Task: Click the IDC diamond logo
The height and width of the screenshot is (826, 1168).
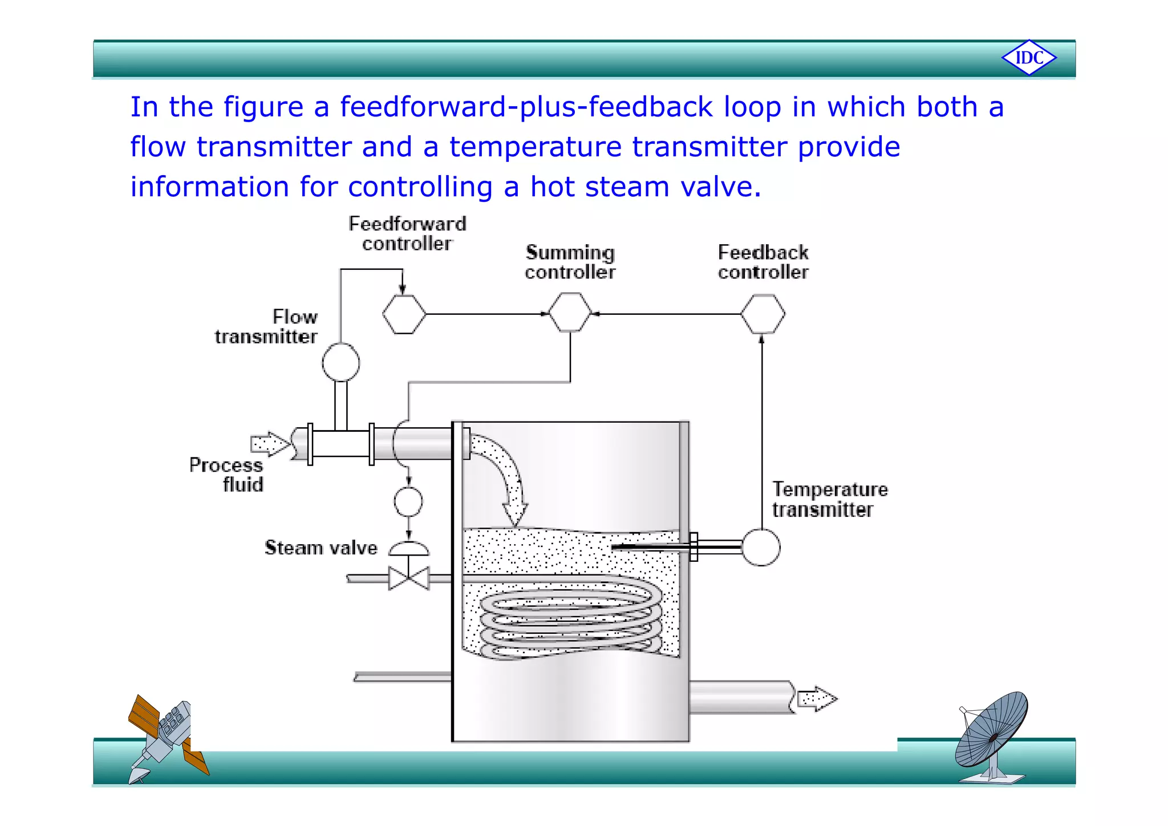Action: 1029,58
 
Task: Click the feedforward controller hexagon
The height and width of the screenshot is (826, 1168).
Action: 404,314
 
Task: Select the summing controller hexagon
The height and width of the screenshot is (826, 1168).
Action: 570,313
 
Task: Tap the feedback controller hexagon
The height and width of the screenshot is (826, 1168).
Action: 763,314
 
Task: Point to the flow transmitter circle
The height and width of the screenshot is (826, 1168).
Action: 340,362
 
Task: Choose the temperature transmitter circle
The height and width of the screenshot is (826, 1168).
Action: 761,548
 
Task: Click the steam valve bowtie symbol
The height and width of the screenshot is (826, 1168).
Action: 408,578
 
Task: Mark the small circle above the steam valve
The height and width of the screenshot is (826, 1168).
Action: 408,502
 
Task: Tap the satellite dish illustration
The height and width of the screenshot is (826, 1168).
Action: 992,736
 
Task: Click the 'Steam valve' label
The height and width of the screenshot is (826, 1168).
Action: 321,548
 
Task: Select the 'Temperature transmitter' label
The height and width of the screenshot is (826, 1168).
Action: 830,500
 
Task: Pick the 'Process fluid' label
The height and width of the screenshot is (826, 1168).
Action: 227,475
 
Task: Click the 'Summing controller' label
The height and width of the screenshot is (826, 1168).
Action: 570,262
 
